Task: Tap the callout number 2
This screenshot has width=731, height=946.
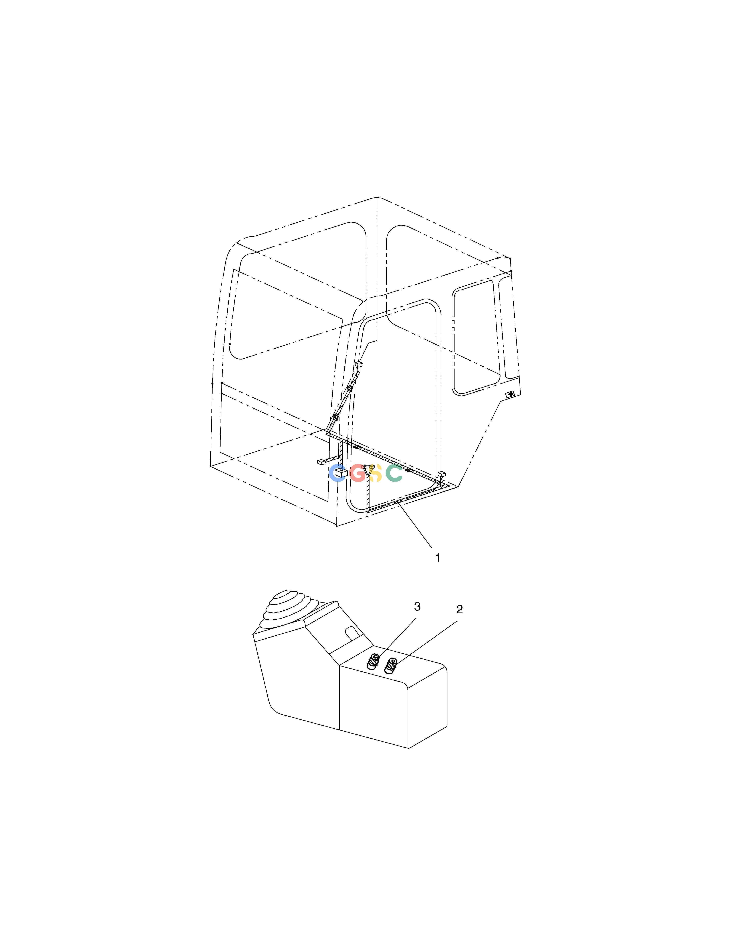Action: coord(459,609)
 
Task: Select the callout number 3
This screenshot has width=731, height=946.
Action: coord(417,607)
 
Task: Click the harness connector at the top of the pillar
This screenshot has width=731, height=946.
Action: coord(359,365)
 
